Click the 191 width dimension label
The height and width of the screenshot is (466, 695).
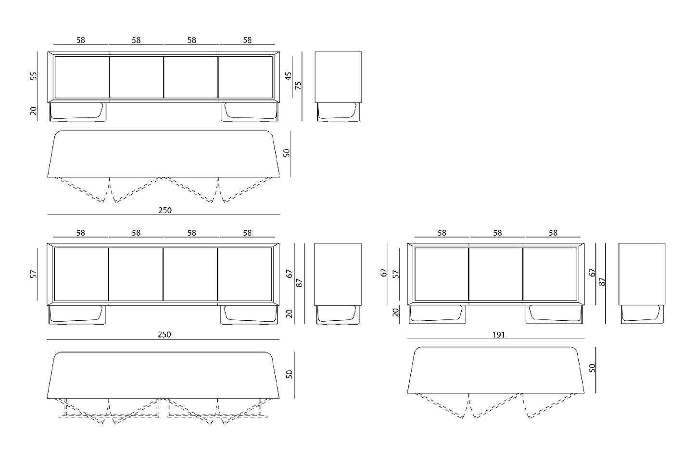498,335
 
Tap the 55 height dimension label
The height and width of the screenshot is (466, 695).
34,76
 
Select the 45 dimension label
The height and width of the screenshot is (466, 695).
288,76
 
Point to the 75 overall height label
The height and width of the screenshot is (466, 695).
298,85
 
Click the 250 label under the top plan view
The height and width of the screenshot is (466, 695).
165,210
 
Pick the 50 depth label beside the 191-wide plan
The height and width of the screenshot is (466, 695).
592,368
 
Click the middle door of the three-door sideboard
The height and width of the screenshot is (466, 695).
496,274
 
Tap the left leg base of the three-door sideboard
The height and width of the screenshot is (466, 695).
438,315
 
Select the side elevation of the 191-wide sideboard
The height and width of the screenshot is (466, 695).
642,284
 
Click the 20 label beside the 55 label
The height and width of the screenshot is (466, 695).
34,111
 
